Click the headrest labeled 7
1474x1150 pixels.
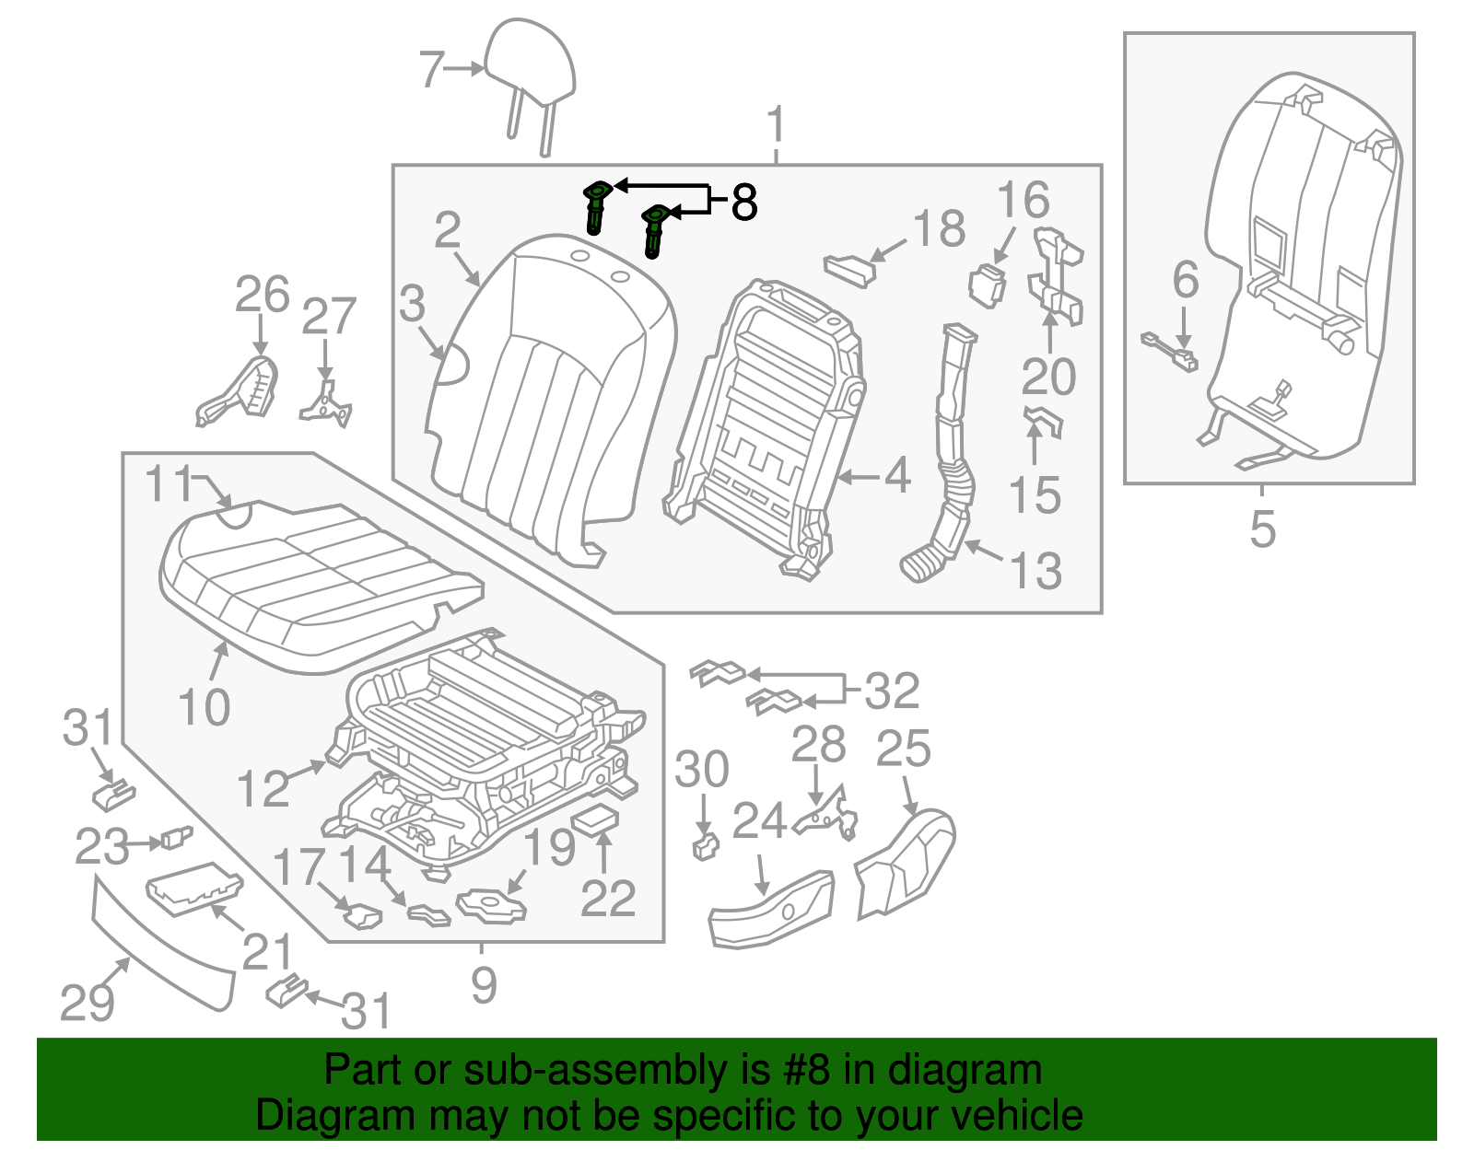point(531,64)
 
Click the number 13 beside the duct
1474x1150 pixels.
point(1036,571)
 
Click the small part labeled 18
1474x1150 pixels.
point(848,269)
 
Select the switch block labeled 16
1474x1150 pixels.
point(986,284)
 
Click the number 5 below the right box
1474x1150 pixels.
point(1263,529)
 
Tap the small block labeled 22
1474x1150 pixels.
point(595,818)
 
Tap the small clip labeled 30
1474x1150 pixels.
point(705,846)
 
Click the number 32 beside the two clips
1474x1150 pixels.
point(892,691)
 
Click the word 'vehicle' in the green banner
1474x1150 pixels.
point(1017,1116)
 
